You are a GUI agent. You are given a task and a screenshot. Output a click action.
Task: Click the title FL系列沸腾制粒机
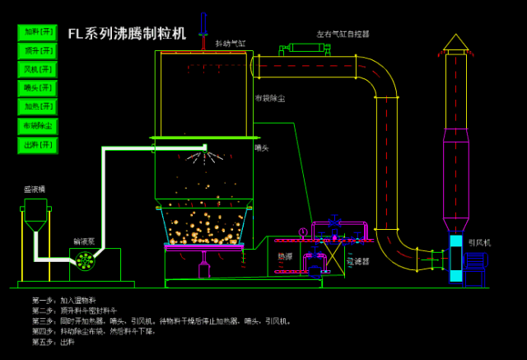coord(127,34)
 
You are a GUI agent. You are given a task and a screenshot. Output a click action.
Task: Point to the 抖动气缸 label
coord(231,43)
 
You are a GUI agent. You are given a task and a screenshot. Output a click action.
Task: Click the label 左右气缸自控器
coord(343,35)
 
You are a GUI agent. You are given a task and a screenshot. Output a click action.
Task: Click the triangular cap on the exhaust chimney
coord(455,41)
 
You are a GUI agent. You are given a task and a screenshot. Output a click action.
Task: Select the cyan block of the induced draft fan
coord(455,259)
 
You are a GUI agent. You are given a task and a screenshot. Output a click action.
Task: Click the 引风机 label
coord(480,242)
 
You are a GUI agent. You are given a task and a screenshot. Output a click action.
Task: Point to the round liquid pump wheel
coord(84,260)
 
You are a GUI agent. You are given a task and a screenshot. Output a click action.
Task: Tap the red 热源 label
coord(285,256)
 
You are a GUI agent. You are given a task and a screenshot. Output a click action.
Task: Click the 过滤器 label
coord(357,261)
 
